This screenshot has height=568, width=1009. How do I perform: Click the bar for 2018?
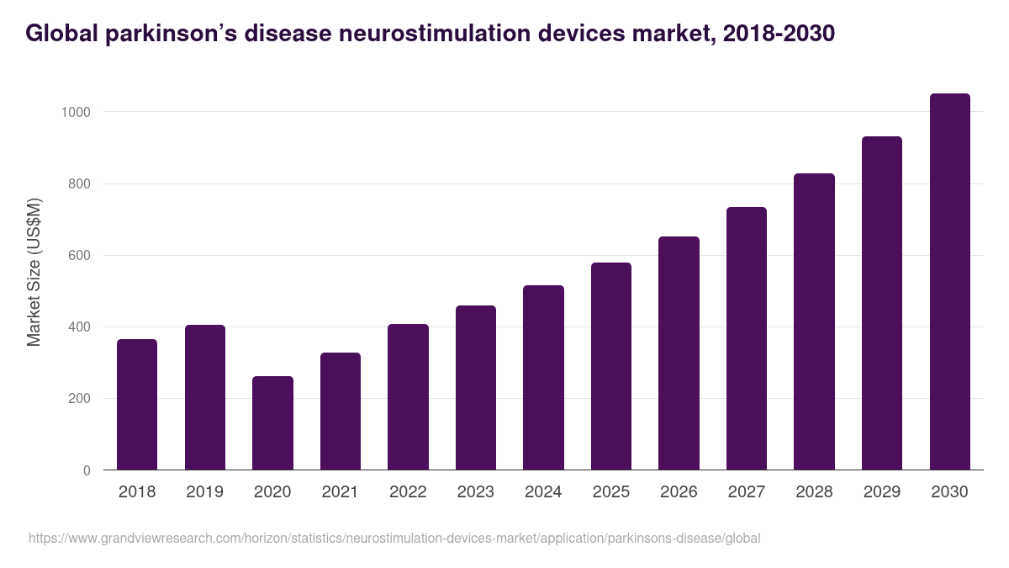tap(137, 405)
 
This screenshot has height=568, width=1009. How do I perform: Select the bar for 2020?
tap(272, 423)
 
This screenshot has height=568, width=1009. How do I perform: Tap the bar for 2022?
tap(408, 397)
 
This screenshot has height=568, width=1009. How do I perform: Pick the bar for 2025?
tap(611, 366)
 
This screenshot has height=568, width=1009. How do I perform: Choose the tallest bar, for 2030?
tap(949, 282)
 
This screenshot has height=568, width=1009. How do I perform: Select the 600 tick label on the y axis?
tap(79, 256)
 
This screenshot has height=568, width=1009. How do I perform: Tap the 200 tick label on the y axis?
tap(79, 399)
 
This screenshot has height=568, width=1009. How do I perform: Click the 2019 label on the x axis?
tap(204, 492)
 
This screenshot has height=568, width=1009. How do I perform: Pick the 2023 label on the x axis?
tap(475, 492)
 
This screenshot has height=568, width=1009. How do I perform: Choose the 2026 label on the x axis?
tap(679, 492)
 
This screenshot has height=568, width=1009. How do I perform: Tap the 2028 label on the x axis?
tap(814, 492)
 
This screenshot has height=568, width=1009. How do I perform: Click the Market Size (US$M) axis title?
tap(34, 272)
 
